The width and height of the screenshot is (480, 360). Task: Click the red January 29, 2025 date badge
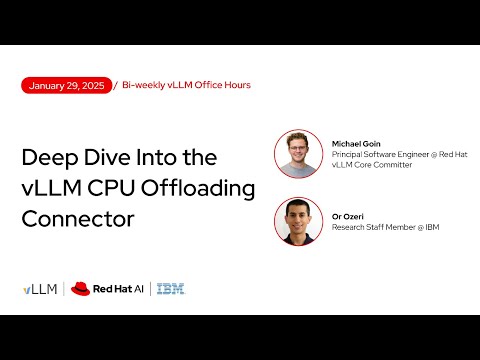point(66,85)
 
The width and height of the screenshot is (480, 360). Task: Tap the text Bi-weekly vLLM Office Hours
point(186,85)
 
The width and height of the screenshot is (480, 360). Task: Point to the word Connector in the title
point(78,218)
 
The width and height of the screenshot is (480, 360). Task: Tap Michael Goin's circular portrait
point(298,154)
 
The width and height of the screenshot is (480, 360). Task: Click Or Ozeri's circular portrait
point(298,222)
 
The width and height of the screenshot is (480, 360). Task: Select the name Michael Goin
point(358,144)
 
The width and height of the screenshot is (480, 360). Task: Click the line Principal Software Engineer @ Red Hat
point(399,154)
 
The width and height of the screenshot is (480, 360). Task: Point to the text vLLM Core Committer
point(364,165)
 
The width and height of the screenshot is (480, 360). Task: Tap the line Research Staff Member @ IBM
point(385,227)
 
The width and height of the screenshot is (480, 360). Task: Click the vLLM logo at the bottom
point(40,289)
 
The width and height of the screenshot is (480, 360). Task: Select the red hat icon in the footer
point(80,289)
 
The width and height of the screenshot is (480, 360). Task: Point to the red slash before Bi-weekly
point(116,85)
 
